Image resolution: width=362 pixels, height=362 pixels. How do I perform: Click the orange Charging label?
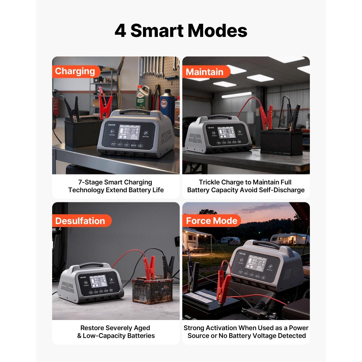point(75,71)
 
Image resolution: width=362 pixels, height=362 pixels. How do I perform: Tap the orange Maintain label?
point(205,72)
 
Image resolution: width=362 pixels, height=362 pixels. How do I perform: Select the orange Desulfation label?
point(80,221)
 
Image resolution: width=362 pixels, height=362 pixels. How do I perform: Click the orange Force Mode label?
point(211,221)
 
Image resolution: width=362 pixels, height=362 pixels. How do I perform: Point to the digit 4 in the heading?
point(120,31)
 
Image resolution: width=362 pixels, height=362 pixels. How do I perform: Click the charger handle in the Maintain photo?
point(219,117)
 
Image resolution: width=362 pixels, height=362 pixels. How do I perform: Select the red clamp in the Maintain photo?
point(268,118)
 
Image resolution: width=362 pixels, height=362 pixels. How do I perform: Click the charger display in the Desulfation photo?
point(98,281)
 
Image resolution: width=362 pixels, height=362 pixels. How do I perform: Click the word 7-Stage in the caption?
point(90,182)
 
